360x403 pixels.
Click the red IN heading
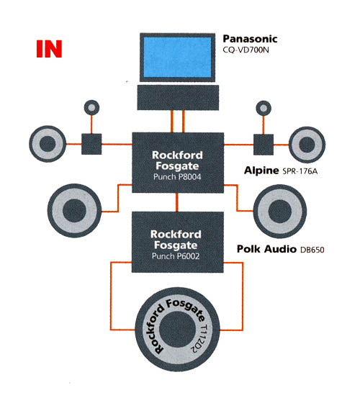[49, 49]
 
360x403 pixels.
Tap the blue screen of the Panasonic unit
[177, 57]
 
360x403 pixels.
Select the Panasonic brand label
[250, 39]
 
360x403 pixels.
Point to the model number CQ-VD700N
[246, 50]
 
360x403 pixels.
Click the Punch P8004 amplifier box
[178, 163]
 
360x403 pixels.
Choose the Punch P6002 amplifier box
[177, 242]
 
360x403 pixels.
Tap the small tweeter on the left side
[92, 107]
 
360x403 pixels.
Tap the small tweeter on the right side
[264, 108]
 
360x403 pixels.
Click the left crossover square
[91, 144]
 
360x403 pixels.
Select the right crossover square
[264, 145]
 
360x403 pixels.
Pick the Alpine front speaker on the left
[48, 144]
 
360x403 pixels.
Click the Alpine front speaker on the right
[307, 145]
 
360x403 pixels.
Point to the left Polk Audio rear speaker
[74, 210]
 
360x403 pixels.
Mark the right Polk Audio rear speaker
[280, 212]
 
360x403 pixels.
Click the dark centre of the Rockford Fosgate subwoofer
[177, 330]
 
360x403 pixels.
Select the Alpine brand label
[261, 171]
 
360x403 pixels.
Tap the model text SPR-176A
[300, 171]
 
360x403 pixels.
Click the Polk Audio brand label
[266, 249]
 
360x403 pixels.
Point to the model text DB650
[312, 250]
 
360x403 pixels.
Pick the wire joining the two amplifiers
[177, 202]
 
